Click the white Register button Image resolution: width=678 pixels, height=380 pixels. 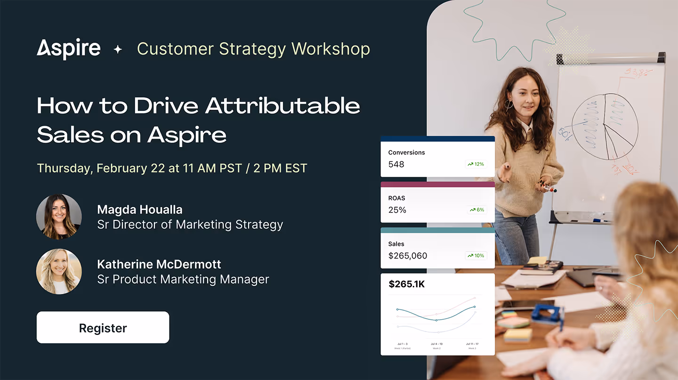coord(103,328)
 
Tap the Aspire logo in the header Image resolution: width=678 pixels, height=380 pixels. coord(69,49)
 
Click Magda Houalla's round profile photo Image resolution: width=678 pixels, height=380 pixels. coord(59,217)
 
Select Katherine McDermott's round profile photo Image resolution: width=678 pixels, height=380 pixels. coord(59,272)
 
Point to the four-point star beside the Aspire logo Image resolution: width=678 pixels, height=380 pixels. coord(118,49)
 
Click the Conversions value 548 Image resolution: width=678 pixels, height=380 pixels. coord(396,164)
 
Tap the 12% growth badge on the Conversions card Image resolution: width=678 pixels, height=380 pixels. coord(476,164)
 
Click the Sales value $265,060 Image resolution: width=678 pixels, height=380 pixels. coord(408,256)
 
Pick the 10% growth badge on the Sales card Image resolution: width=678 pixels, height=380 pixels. coord(476,256)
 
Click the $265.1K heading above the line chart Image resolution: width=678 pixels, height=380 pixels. coord(407,284)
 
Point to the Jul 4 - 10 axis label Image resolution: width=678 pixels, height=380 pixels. coord(436,344)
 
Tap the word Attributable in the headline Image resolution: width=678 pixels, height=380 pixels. coord(283,105)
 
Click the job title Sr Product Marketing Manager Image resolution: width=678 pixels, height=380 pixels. coord(183,279)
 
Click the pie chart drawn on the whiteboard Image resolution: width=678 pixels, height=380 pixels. coord(605,126)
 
